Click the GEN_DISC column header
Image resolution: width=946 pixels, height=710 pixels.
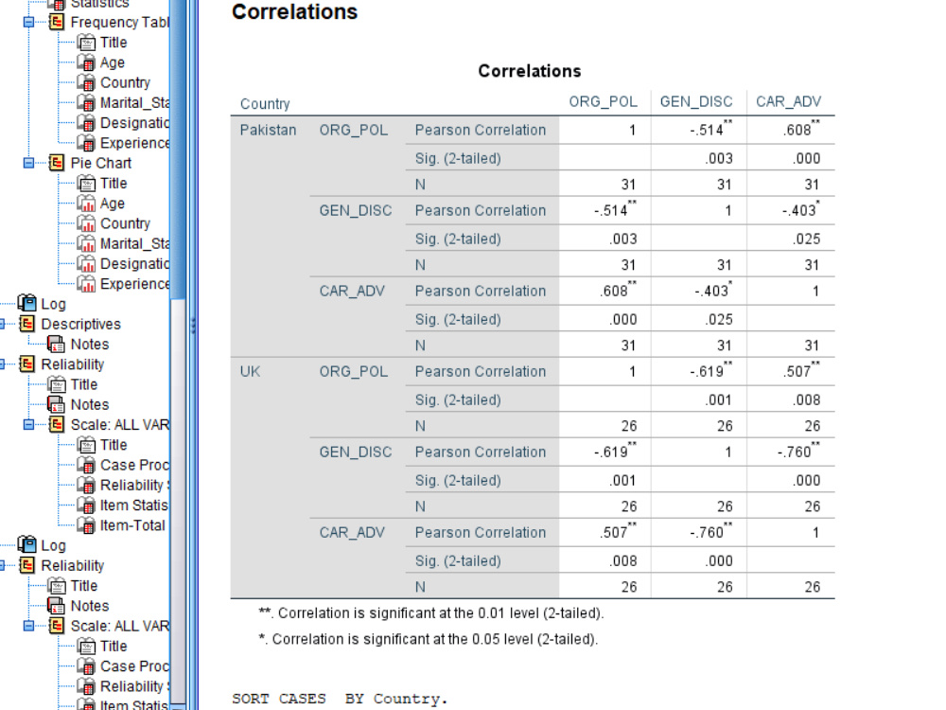[x=695, y=101]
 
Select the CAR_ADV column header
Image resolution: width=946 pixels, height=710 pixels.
[x=789, y=101]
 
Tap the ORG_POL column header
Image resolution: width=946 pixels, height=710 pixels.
[x=603, y=101]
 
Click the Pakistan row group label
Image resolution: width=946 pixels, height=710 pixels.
[x=268, y=130]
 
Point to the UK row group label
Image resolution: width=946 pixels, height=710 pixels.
[x=250, y=371]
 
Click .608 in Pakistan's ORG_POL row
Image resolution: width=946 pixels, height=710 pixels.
[x=801, y=129]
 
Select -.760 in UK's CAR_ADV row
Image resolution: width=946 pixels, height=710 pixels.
[x=709, y=531]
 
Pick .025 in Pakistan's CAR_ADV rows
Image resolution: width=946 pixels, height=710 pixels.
[x=718, y=319]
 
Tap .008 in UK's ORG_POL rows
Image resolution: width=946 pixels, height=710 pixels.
[x=806, y=399]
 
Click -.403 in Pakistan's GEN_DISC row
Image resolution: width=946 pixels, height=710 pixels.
[x=800, y=209]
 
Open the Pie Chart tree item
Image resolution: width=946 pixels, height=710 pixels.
[x=101, y=163]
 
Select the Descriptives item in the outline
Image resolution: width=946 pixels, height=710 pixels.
[x=80, y=324]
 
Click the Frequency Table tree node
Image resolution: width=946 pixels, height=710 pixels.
[x=119, y=23]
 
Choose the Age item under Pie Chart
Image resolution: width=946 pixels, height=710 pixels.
[x=113, y=204]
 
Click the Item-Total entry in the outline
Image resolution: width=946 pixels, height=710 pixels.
[x=132, y=525]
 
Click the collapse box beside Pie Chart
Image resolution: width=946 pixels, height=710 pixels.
[x=28, y=163]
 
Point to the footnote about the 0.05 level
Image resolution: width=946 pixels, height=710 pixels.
[x=429, y=639]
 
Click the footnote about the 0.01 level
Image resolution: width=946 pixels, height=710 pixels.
[x=430, y=612]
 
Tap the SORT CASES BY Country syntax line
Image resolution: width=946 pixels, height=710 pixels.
[x=340, y=700]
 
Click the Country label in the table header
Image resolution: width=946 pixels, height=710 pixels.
[x=265, y=104]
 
